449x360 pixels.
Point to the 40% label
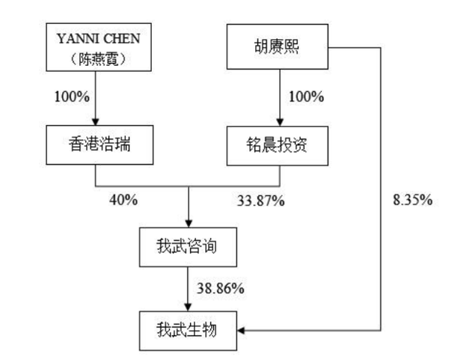coord(123,200)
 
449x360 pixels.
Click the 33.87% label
coord(261,201)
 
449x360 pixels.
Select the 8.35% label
coord(412,199)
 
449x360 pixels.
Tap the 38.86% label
coord(221,288)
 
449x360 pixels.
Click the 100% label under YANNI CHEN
coord(72,97)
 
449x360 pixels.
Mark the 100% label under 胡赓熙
coord(306,97)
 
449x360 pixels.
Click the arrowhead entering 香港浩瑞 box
coord(96,121)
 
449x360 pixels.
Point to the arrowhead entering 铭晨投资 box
coord(280,122)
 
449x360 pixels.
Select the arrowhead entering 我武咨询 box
coord(189,223)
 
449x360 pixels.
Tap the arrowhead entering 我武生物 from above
coord(188,307)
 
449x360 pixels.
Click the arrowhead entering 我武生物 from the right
coord(241,331)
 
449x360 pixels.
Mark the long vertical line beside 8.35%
coord(381,189)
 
